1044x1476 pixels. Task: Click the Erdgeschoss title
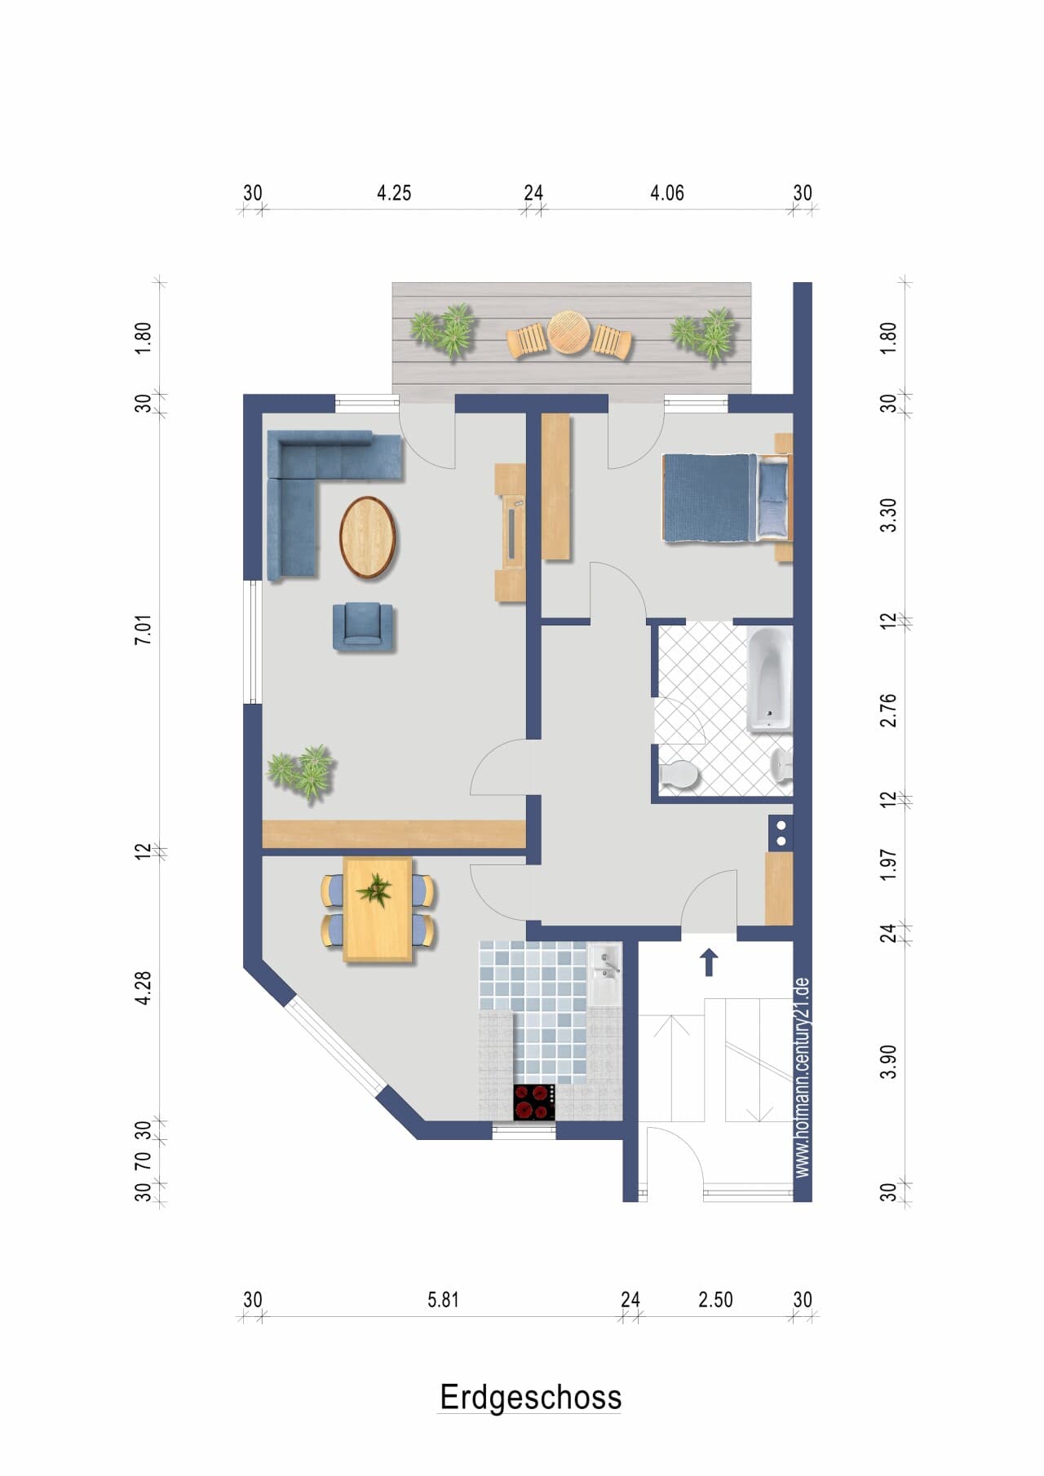click(530, 1397)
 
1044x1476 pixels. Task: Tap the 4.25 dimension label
click(394, 193)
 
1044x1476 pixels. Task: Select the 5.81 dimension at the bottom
click(443, 1300)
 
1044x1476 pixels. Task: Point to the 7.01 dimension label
click(143, 630)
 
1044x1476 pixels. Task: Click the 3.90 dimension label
click(888, 1061)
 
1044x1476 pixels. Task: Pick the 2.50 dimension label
click(715, 1300)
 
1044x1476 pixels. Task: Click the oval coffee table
click(368, 537)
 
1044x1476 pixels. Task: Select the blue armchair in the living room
click(363, 626)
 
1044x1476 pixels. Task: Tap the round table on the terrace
click(568, 333)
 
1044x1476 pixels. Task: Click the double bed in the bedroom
click(726, 497)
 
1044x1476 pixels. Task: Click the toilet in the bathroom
click(679, 775)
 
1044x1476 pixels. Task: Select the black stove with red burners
click(534, 1103)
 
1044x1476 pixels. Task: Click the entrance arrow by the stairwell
click(709, 962)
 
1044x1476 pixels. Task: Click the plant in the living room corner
click(302, 772)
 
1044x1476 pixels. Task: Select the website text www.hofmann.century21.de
click(802, 1077)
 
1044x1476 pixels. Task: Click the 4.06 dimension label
click(666, 193)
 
